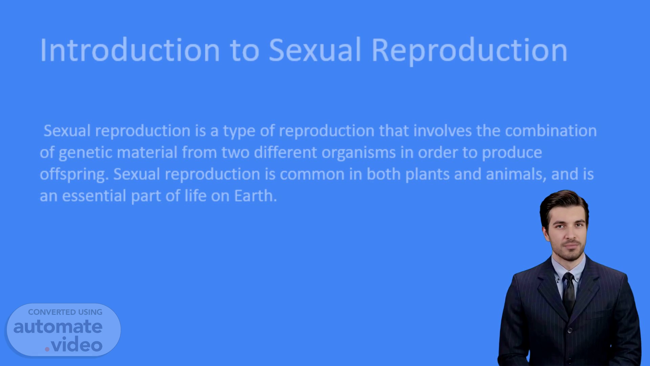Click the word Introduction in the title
click(x=130, y=50)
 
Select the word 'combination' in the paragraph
click(x=551, y=131)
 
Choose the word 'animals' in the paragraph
click(x=516, y=174)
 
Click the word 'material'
click(x=147, y=152)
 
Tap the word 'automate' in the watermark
click(x=58, y=327)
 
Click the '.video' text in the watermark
click(x=73, y=344)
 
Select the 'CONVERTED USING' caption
click(x=65, y=312)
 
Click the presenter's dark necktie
click(x=568, y=294)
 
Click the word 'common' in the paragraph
click(x=312, y=174)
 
